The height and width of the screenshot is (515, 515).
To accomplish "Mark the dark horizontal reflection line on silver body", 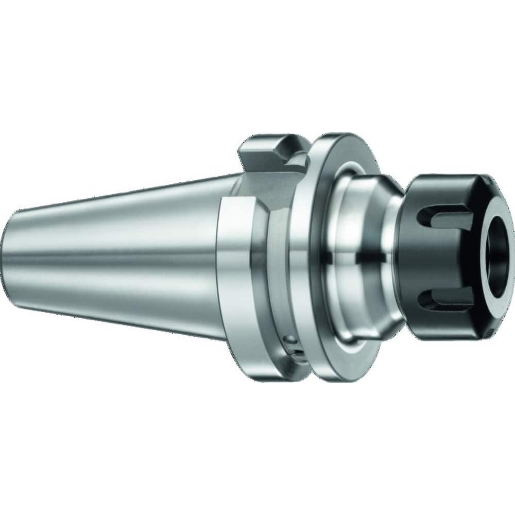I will tap(360, 254).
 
